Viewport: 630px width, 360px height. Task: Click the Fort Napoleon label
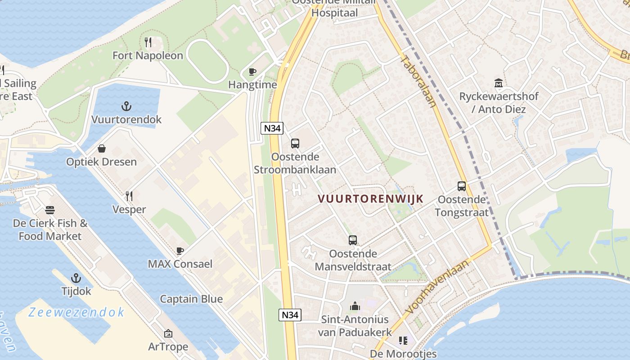pyautogui.click(x=148, y=56)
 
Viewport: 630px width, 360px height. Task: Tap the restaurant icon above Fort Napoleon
pyautogui.click(x=148, y=42)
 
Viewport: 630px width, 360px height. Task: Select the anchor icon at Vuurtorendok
pyautogui.click(x=126, y=107)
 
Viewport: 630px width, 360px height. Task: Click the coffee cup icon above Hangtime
pyautogui.click(x=252, y=72)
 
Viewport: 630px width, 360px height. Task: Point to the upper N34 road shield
pyautogui.click(x=272, y=128)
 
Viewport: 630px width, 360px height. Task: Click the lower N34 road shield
pyautogui.click(x=290, y=315)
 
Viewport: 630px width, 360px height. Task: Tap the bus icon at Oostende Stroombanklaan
pyautogui.click(x=295, y=144)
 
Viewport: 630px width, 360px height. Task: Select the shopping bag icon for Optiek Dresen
pyautogui.click(x=102, y=148)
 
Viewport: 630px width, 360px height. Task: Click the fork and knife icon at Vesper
pyautogui.click(x=129, y=196)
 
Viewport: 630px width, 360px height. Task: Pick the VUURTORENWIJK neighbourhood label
pyautogui.click(x=371, y=199)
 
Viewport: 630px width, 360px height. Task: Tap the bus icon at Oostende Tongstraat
pyautogui.click(x=462, y=186)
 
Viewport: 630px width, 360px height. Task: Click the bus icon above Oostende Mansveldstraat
pyautogui.click(x=353, y=240)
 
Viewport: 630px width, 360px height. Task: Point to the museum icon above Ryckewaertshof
pyautogui.click(x=499, y=83)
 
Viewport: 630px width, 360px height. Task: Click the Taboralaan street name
pyautogui.click(x=418, y=81)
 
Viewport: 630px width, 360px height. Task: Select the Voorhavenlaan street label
pyautogui.click(x=436, y=287)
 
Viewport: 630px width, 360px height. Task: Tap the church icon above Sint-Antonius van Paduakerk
pyautogui.click(x=355, y=306)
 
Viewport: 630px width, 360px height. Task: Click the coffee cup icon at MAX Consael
pyautogui.click(x=180, y=251)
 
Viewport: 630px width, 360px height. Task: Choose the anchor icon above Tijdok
pyautogui.click(x=76, y=278)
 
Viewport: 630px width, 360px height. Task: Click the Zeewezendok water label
pyautogui.click(x=76, y=312)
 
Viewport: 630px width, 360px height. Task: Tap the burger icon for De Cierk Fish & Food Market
pyautogui.click(x=50, y=210)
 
